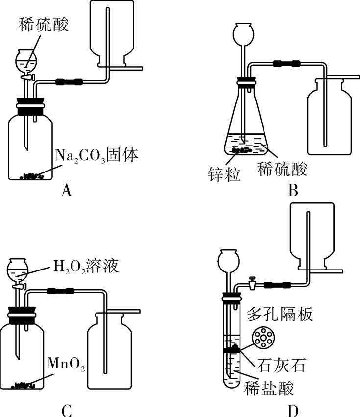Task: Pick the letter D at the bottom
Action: click(293, 410)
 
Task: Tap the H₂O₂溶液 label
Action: click(84, 268)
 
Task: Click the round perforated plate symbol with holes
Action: click(264, 339)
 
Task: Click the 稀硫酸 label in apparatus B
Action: click(282, 170)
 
